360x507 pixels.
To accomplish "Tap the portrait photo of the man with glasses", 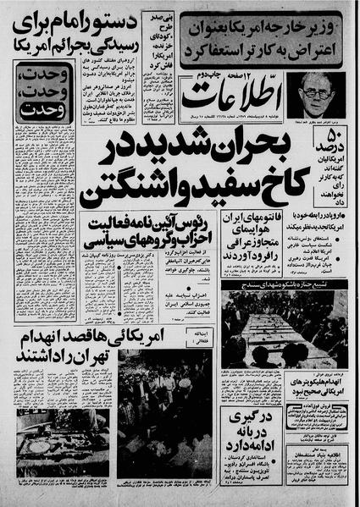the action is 315,95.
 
